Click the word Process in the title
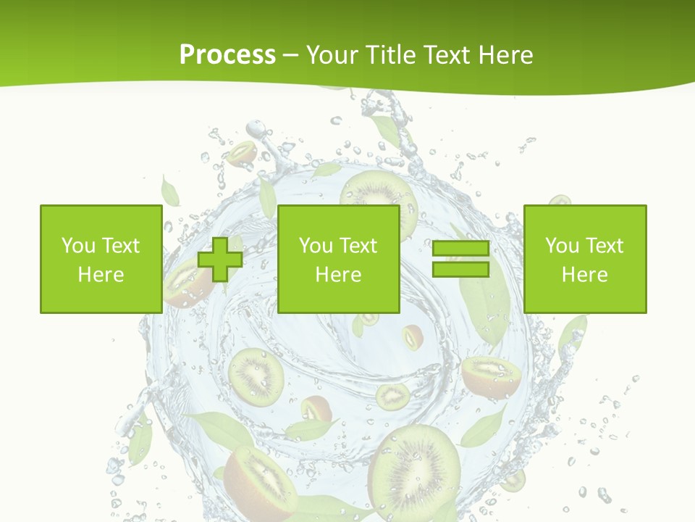(x=227, y=54)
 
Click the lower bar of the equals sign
(x=460, y=270)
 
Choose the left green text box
(x=101, y=259)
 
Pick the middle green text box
(x=338, y=259)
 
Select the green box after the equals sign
(x=584, y=259)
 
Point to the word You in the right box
(x=562, y=246)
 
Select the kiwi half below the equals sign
(x=490, y=376)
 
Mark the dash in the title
(x=291, y=55)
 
